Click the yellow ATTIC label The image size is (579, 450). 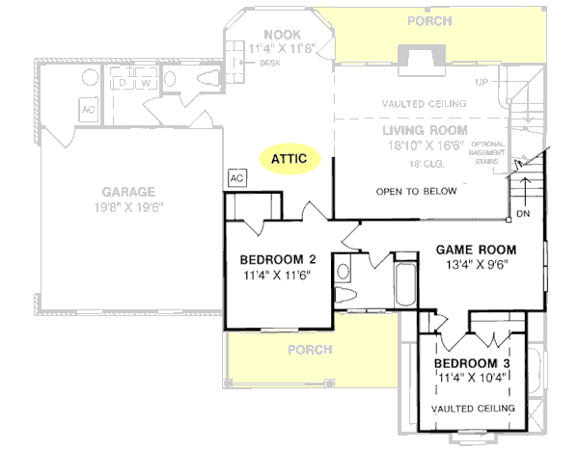(x=289, y=157)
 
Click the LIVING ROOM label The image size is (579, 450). (x=425, y=130)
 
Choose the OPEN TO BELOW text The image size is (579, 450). (x=416, y=191)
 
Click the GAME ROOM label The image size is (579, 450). (x=476, y=247)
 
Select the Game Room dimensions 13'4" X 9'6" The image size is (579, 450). (x=476, y=262)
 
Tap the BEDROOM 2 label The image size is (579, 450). (x=278, y=258)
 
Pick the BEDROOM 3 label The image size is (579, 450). (x=472, y=363)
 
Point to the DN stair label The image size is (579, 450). (x=523, y=213)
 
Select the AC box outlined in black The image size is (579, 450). (x=236, y=178)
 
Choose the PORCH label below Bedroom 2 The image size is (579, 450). (x=310, y=349)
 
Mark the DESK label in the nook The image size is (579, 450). (x=269, y=64)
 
